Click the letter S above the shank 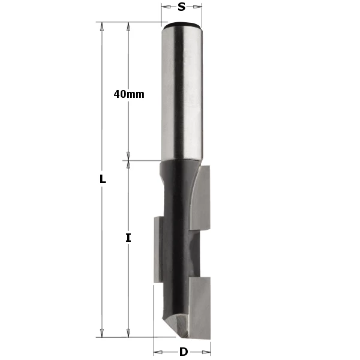tap(181, 7)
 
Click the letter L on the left tap(103, 179)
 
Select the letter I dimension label tap(128, 238)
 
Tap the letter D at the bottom tap(183, 352)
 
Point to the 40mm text tap(129, 94)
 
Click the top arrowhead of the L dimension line tap(103, 26)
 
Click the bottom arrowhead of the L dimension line tap(103, 332)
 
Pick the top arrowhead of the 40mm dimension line tap(128, 26)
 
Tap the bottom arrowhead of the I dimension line tap(128, 332)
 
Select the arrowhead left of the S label tap(165, 7)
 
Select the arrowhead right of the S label tap(198, 7)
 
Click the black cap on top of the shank tap(182, 25)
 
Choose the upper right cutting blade tap(202, 198)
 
